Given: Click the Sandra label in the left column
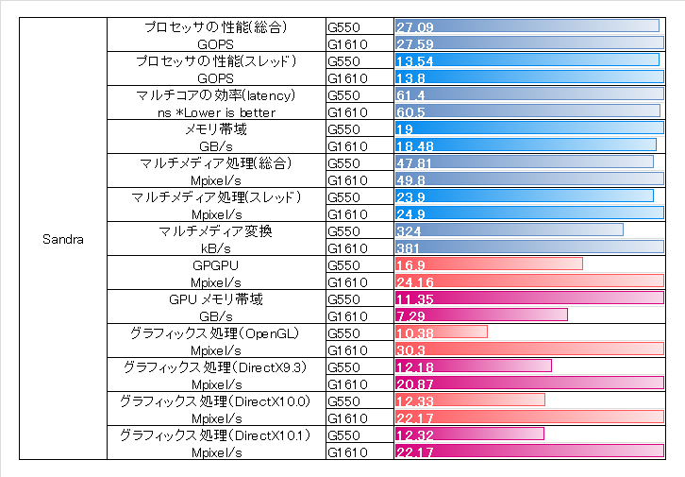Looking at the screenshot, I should click(63, 239).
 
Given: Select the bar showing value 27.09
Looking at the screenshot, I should click(526, 26).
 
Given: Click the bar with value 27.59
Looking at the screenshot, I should click(528, 43).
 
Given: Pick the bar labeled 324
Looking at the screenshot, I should click(509, 230).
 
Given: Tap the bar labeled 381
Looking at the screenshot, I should click(528, 247).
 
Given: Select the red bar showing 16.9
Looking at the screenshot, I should click(488, 264).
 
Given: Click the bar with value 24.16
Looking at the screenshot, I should click(528, 281).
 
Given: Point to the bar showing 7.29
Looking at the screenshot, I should click(480, 315).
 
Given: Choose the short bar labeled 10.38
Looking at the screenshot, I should click(441, 332).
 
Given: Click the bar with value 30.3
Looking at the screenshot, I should click(528, 349).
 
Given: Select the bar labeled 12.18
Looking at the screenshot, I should click(473, 366).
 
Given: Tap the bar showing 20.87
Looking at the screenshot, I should click(528, 383).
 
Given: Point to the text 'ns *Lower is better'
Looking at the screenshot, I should click(216, 112).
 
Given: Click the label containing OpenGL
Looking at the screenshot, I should click(216, 332).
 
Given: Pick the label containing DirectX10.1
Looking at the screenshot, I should click(216, 434).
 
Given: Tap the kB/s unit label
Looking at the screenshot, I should click(216, 247).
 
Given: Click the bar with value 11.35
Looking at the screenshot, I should click(528, 298).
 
